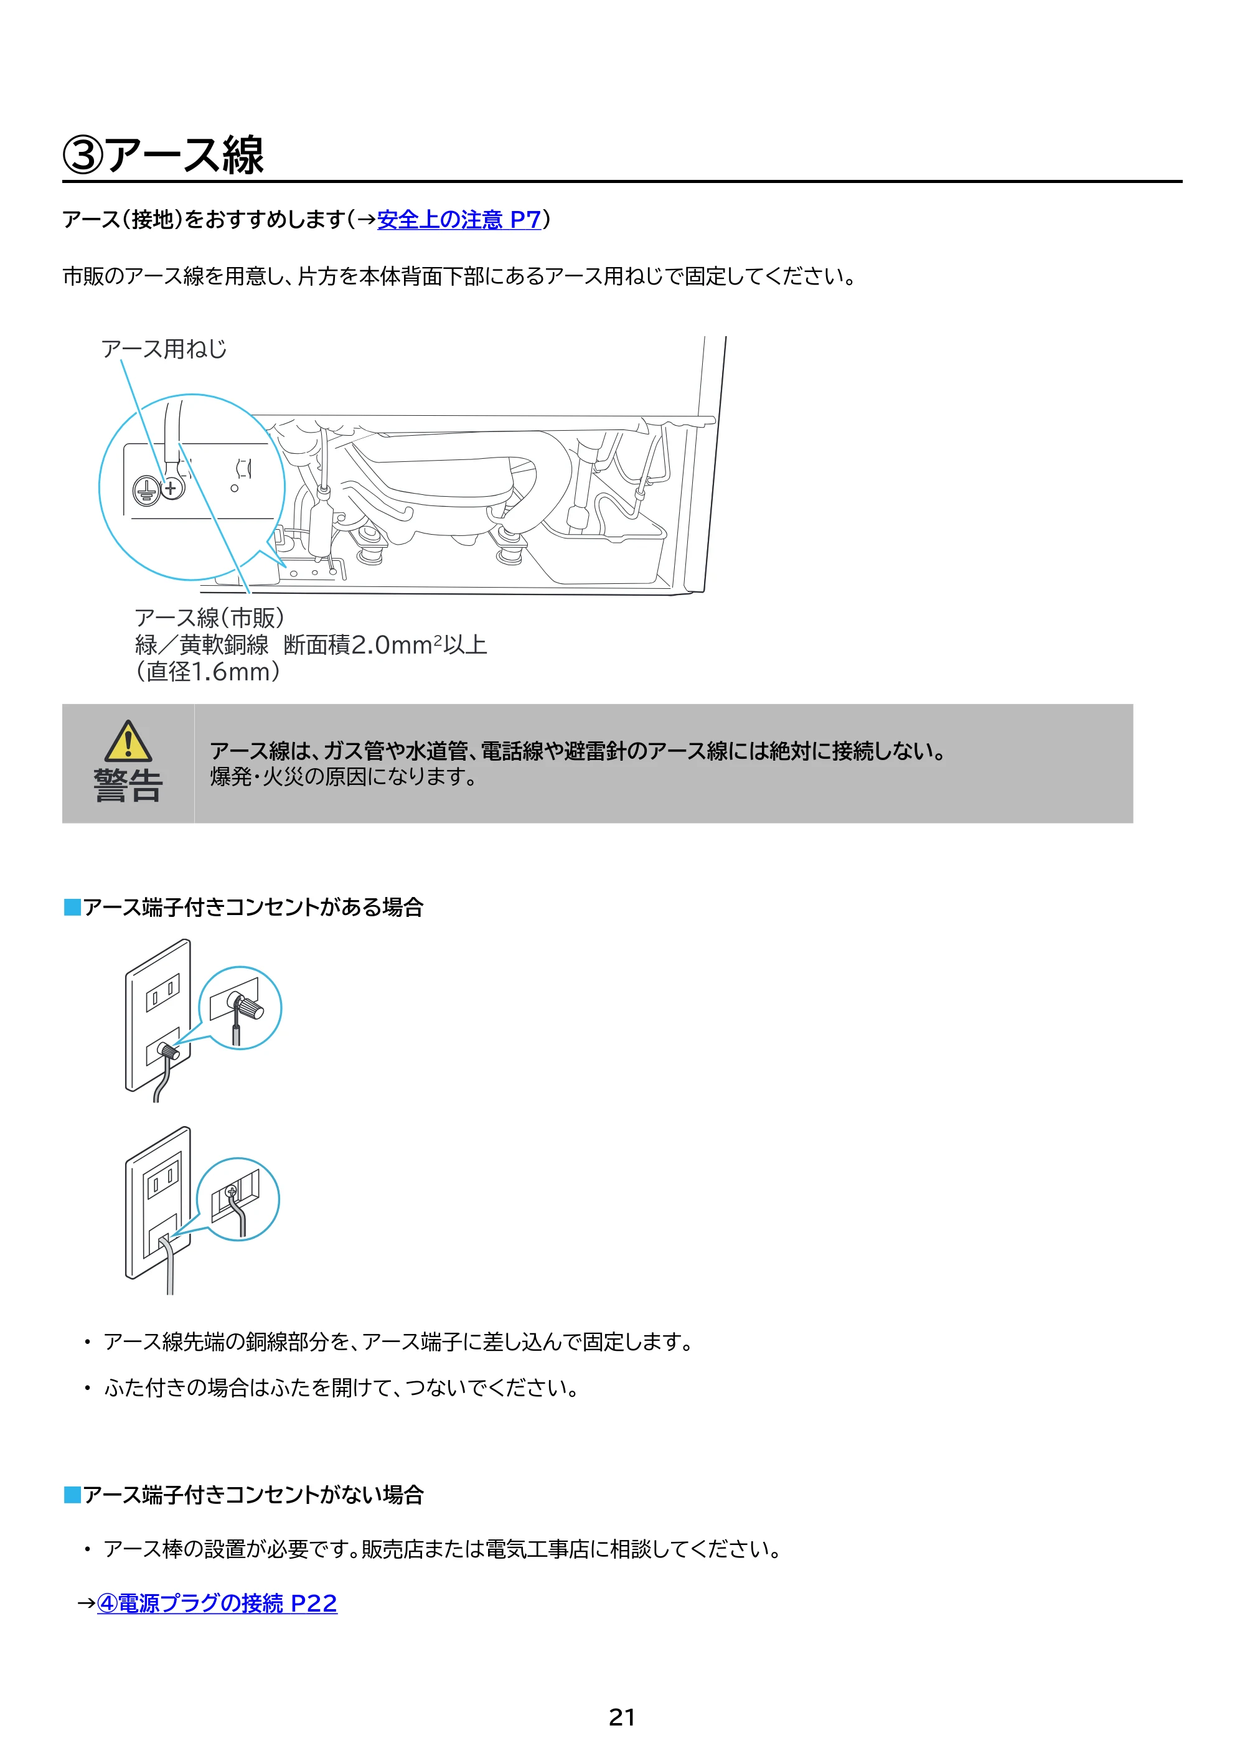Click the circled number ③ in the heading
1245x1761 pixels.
[82, 155]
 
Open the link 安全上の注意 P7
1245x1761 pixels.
[459, 220]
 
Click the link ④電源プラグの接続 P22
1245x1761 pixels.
[217, 1603]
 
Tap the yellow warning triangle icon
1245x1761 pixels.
[128, 741]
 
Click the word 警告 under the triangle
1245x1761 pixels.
[128, 786]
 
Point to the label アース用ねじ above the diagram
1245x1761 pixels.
[164, 349]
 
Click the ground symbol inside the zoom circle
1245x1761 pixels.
[146, 489]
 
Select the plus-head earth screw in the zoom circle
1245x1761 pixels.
[172, 488]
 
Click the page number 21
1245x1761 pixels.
[621, 1717]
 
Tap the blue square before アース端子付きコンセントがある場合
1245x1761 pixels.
[72, 908]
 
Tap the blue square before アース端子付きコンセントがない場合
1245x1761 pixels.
[72, 1495]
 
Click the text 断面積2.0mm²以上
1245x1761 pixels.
[385, 645]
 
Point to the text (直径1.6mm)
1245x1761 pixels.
[208, 672]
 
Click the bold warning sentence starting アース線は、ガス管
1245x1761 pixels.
[578, 751]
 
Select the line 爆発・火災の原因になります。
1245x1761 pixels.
[344, 777]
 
